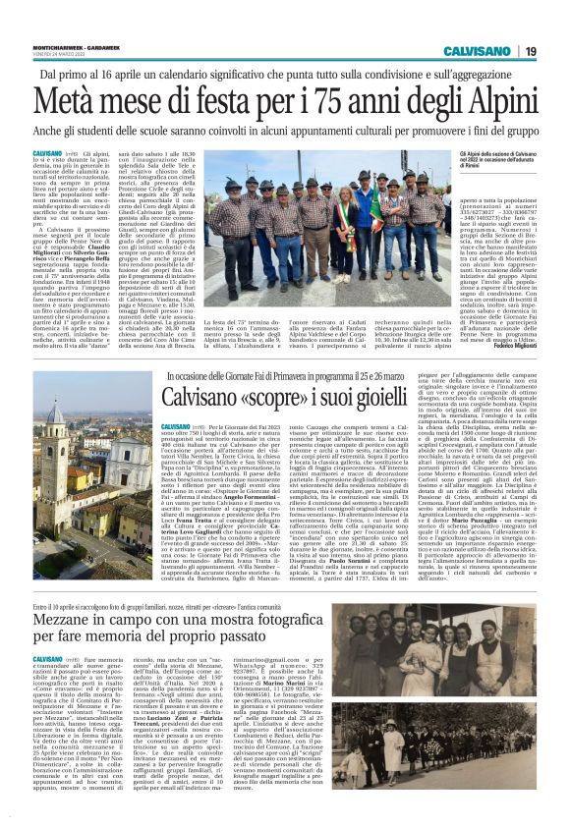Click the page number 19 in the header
[529, 50]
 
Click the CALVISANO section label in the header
[476, 50]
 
